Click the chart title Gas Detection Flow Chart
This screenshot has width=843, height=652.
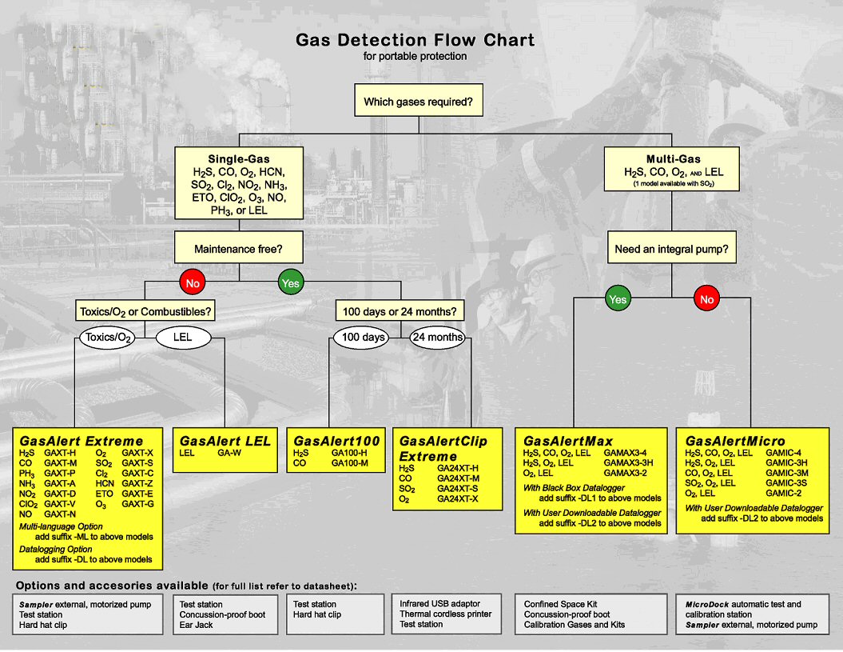(x=415, y=40)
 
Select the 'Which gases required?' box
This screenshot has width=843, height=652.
(x=418, y=102)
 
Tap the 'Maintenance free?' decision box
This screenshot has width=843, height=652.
(x=238, y=250)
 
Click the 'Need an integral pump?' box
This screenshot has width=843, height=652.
(x=671, y=250)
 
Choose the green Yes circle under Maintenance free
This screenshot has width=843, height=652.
(x=290, y=282)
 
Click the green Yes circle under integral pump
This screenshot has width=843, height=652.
(x=618, y=300)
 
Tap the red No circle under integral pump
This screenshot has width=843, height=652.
(x=706, y=300)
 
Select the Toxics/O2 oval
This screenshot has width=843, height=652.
(x=106, y=338)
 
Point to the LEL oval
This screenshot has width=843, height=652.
(x=182, y=338)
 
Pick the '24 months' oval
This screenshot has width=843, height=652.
(x=437, y=337)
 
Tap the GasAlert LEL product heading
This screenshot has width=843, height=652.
(x=225, y=441)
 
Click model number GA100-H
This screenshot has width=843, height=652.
(x=349, y=452)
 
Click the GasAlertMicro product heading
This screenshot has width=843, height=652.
(x=735, y=441)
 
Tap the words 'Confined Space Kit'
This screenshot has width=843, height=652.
(x=560, y=604)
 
